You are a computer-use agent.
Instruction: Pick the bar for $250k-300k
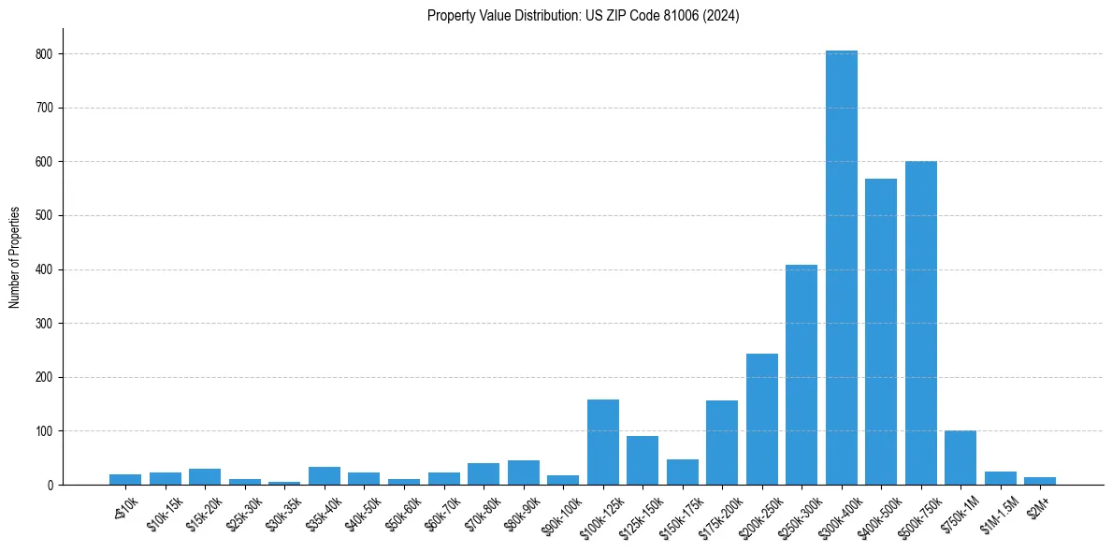(x=802, y=374)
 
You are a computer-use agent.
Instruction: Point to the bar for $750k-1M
(x=960, y=458)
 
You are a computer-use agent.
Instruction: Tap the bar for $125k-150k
(x=643, y=460)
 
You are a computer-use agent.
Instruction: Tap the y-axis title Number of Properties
(x=15, y=257)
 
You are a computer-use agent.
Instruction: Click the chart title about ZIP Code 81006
(x=583, y=16)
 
